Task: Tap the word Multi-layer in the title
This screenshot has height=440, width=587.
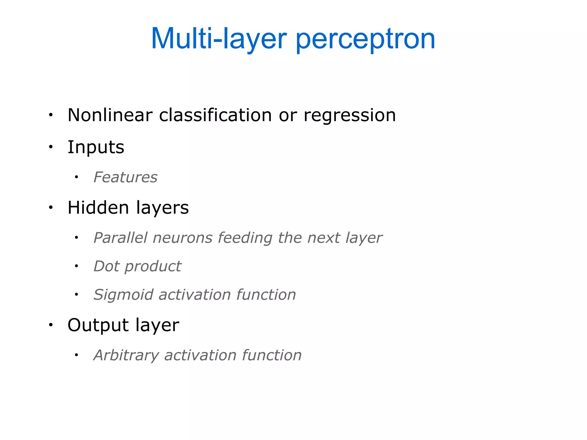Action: click(x=219, y=40)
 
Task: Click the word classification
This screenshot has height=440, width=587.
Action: click(x=215, y=115)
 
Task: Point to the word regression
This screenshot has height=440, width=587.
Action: click(x=349, y=116)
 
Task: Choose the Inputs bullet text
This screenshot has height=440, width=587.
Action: click(x=96, y=147)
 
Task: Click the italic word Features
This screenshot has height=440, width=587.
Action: click(x=126, y=177)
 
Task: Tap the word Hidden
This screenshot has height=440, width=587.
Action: click(x=98, y=207)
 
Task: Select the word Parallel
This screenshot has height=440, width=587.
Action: click(x=121, y=238)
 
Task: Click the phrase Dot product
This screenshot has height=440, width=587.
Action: click(x=138, y=266)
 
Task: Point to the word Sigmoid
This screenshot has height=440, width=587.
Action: click(x=124, y=295)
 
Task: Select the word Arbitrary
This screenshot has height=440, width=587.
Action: click(x=126, y=355)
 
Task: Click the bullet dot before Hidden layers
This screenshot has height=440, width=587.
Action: click(x=51, y=207)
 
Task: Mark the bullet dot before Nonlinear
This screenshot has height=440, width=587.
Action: click(x=51, y=115)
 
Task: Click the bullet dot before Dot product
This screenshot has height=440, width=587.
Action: click(x=76, y=266)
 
